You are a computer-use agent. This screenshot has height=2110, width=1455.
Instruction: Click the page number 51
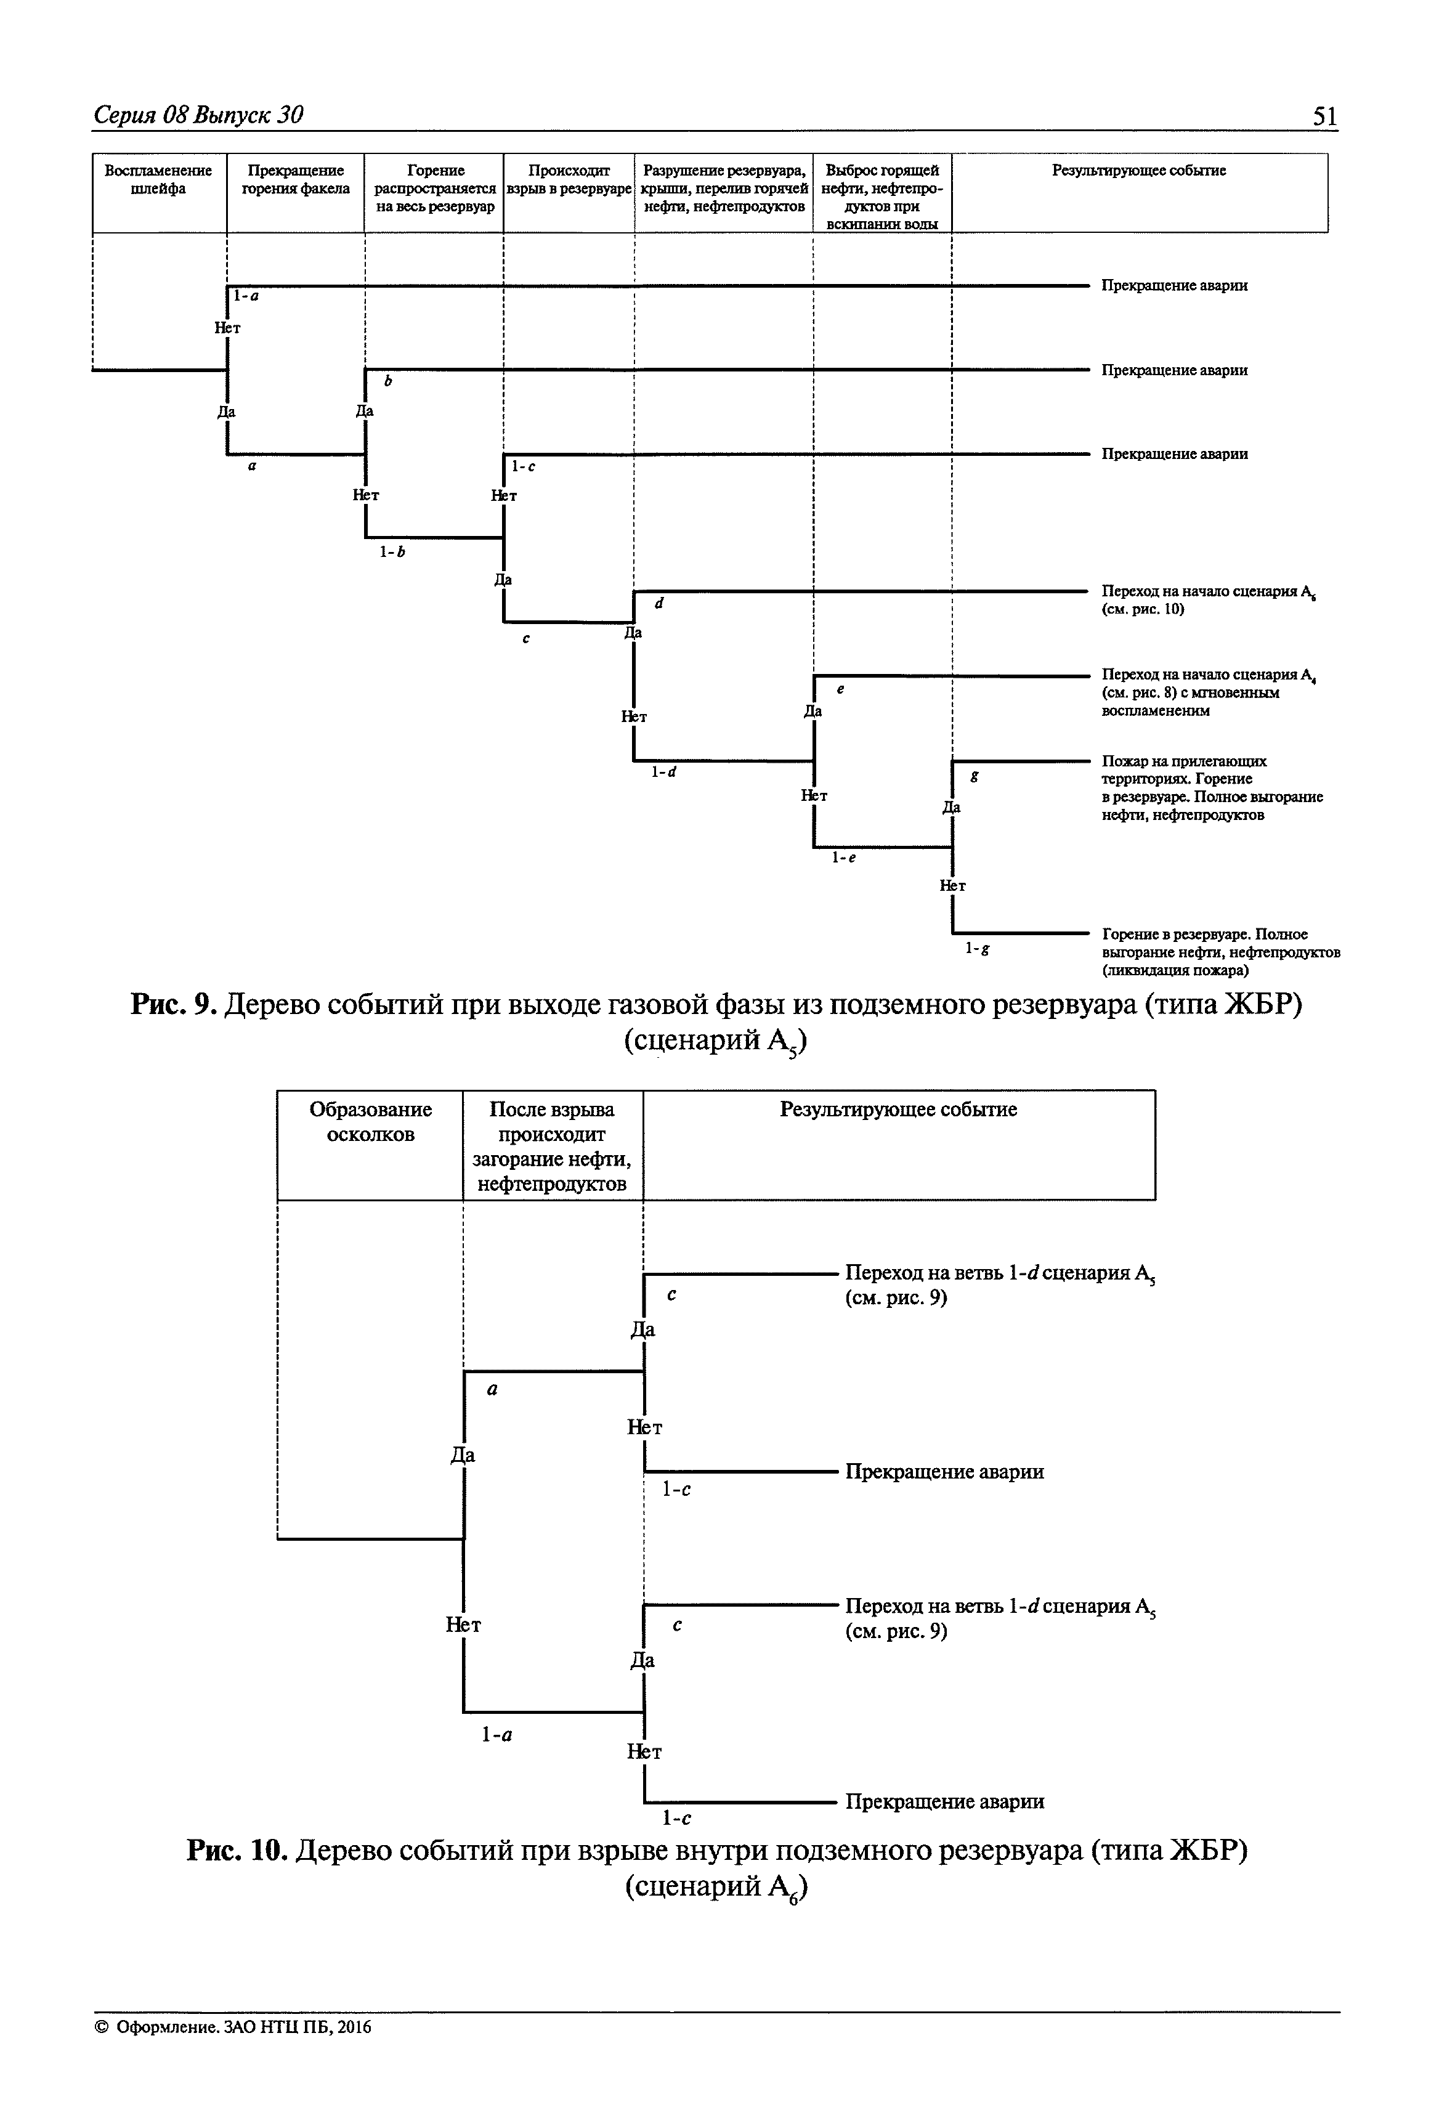pyautogui.click(x=1324, y=116)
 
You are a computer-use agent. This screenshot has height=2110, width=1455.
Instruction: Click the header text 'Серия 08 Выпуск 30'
pyautogui.click(x=199, y=115)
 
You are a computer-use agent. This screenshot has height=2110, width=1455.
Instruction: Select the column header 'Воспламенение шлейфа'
pyautogui.click(x=159, y=180)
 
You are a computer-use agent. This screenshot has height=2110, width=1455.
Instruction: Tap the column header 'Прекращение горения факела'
pyautogui.click(x=296, y=180)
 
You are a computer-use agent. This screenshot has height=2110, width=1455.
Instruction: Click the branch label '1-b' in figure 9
pyautogui.click(x=392, y=551)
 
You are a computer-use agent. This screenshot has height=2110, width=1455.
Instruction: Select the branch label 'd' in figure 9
pyautogui.click(x=659, y=603)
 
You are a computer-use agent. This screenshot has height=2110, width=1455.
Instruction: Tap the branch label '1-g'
pyautogui.click(x=978, y=948)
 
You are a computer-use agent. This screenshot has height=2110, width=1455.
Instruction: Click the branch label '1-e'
pyautogui.click(x=843, y=857)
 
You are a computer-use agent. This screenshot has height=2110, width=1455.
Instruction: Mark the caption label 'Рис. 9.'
pyautogui.click(x=173, y=1004)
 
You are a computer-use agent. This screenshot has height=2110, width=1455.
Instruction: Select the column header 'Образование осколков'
pyautogui.click(x=370, y=1122)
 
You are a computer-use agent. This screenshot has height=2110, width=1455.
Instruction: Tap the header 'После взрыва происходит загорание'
pyautogui.click(x=553, y=1146)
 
